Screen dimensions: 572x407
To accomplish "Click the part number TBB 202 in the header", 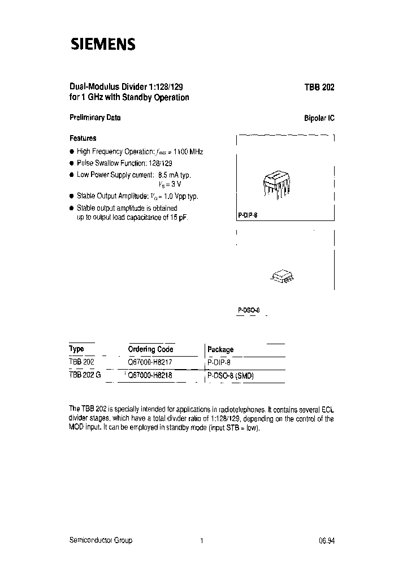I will [x=319, y=88].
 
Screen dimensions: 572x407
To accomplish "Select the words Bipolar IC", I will [x=319, y=119].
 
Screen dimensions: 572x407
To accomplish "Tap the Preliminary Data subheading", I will [x=95, y=118].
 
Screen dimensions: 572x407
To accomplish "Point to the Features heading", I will [x=83, y=138].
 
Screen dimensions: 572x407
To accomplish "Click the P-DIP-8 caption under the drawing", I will [x=247, y=216].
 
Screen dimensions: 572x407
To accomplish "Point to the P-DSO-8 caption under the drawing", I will [x=248, y=310].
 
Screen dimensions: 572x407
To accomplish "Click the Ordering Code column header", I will [x=151, y=349].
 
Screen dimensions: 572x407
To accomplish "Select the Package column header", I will [x=220, y=349].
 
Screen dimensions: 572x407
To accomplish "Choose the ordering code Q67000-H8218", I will [x=150, y=375].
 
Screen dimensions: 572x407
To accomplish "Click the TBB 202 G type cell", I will [x=85, y=375].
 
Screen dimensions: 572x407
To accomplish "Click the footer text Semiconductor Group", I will [x=101, y=540].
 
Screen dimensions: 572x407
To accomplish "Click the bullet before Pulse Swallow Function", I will [x=72, y=163].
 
